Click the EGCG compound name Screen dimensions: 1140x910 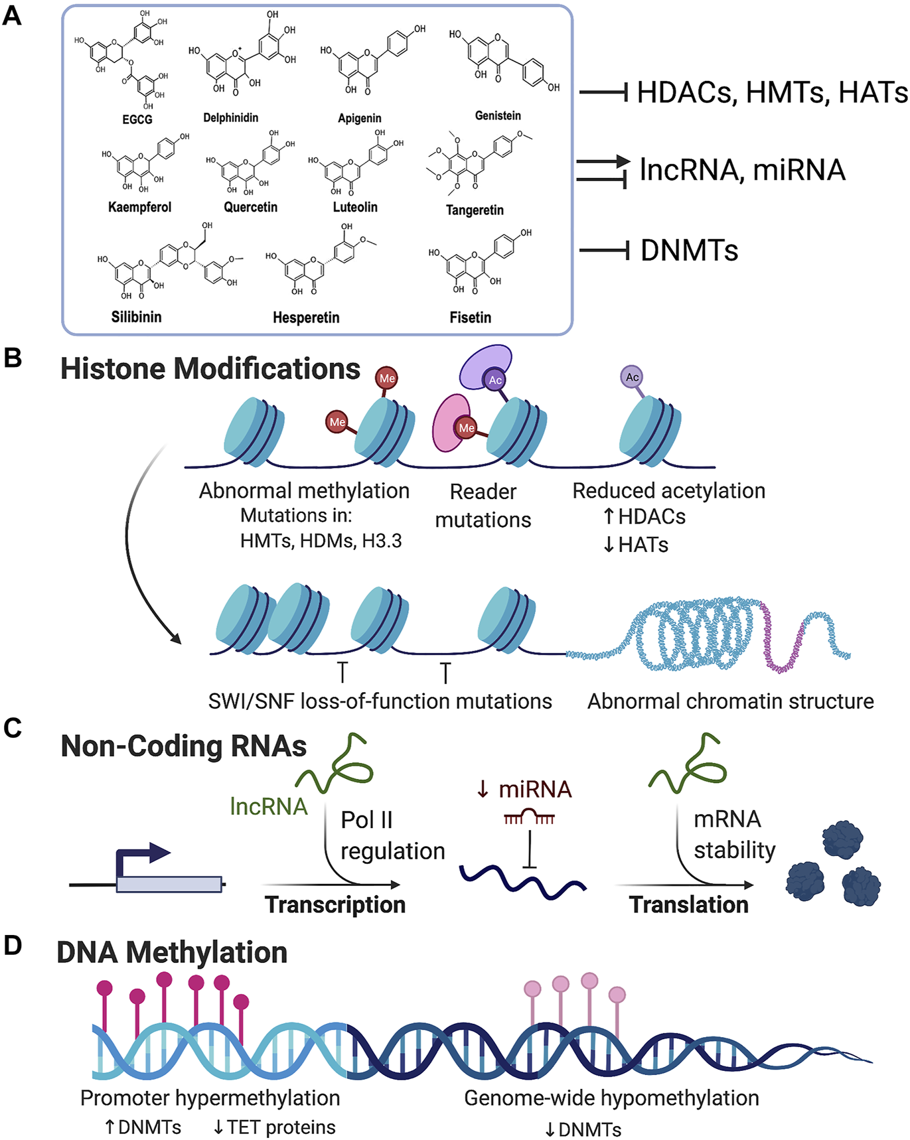coord(137,119)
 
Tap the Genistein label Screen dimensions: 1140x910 coord(498,115)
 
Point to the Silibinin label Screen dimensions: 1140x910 coord(136,317)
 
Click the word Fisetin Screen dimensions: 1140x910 coord(470,317)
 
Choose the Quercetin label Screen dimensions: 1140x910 coord(250,207)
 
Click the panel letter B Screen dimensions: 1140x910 coord(13,358)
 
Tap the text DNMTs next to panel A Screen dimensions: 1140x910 coord(689,251)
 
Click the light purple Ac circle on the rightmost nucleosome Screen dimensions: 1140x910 coord(632,377)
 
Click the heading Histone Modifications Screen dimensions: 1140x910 coord(210,369)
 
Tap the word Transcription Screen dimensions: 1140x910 coord(335,904)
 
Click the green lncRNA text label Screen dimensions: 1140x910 coord(269,806)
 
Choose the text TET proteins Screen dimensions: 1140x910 coord(281,1127)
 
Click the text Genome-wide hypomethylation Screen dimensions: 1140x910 coord(611,1098)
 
